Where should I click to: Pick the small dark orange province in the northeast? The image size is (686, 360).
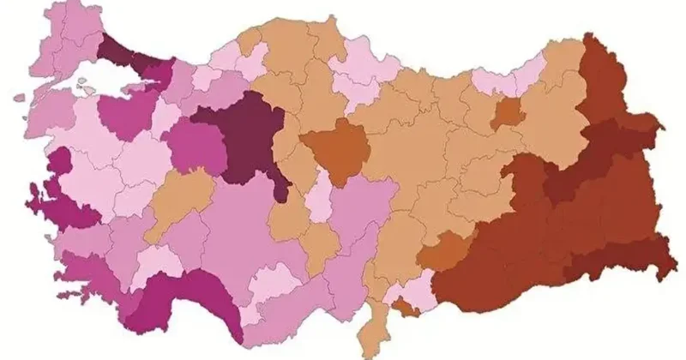pos(510,113)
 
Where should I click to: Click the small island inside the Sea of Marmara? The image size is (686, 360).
pos(83,84)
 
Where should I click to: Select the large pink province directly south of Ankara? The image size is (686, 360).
pos(249,231)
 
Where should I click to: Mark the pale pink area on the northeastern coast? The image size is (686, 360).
pos(506,79)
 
